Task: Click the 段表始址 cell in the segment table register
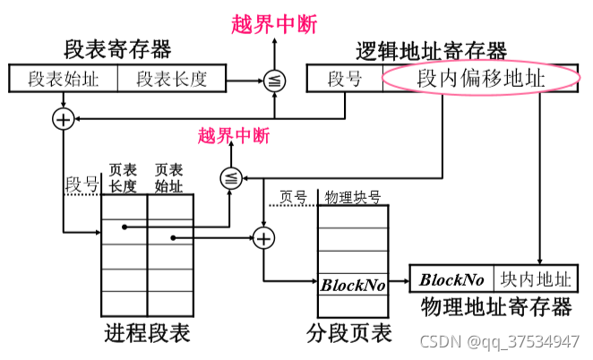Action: pos(64,79)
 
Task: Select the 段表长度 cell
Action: pos(171,79)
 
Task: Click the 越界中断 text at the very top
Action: pos(273,24)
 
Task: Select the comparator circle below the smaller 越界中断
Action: pos(230,178)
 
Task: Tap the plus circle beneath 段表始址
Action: pos(64,119)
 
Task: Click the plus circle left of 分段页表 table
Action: pos(262,237)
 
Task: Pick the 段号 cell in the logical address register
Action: pos(344,79)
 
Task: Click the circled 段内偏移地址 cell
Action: pos(480,79)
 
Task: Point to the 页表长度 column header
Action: pos(123,177)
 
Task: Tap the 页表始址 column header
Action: pos(168,177)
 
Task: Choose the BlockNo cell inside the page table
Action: pos(352,287)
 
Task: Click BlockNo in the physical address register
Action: pos(452,279)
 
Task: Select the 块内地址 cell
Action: pos(536,279)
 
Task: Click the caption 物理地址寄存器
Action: pos(495,308)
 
